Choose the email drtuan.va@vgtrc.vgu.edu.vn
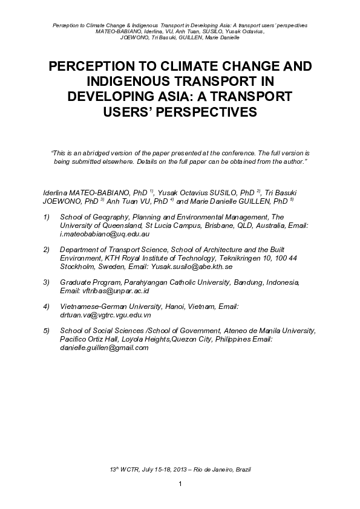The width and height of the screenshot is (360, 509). coord(105,316)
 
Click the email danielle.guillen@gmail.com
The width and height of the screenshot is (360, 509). coord(104,348)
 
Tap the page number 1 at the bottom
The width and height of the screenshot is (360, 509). coord(180,485)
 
